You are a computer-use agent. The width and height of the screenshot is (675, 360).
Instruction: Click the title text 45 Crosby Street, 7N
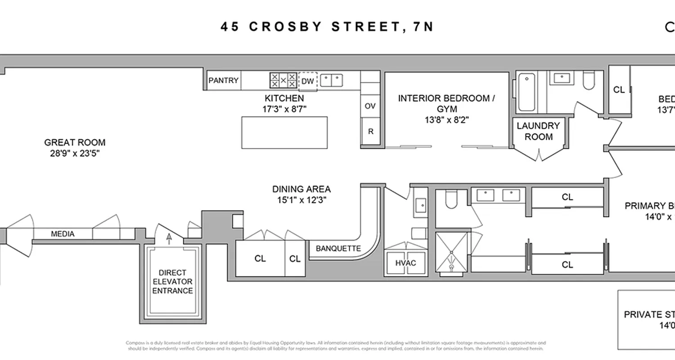point(327,27)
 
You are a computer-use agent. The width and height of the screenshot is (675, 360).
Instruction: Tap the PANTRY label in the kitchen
point(223,81)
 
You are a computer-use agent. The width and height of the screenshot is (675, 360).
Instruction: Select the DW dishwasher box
point(307,81)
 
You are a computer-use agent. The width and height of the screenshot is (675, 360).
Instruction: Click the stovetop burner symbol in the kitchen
point(283,81)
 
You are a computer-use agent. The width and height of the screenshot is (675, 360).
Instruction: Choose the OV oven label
point(370,106)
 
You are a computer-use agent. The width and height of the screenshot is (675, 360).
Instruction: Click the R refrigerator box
point(371,131)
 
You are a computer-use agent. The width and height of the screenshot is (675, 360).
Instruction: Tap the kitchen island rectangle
point(284,132)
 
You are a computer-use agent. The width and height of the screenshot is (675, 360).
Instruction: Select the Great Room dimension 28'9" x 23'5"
point(75,153)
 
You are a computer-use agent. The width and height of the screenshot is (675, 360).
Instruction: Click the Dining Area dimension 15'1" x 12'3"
point(301,200)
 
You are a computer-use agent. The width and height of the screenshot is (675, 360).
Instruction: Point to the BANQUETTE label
point(338,248)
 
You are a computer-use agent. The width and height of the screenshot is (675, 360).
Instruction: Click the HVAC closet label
point(406,263)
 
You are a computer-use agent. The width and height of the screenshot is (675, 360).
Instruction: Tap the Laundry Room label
point(538,131)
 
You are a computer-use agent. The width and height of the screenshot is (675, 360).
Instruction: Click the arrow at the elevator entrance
point(169,238)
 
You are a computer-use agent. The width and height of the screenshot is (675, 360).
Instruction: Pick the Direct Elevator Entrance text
point(172,282)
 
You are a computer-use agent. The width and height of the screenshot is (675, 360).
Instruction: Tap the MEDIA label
point(63,234)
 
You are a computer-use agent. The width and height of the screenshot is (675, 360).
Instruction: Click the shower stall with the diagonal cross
point(452,253)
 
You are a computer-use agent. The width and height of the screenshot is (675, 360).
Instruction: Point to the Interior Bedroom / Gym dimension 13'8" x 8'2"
point(446,120)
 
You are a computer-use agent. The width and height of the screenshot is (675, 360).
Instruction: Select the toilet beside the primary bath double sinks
point(451,201)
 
